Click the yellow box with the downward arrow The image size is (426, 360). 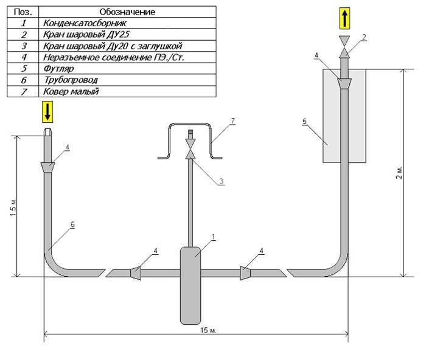coord(47,112)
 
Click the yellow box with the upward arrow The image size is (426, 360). coord(344,18)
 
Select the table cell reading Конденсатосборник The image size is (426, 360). coord(127,23)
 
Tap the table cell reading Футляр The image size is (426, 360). coord(127,69)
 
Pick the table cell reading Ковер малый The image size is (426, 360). coord(127,91)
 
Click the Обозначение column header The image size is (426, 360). coord(127,12)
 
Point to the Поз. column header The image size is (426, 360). coord(23,12)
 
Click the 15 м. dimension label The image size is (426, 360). coord(208,330)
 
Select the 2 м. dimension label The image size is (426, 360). coord(399,172)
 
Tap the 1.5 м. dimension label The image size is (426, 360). coord(13,207)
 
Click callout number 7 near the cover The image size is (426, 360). coord(233,120)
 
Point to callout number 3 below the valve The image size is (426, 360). coord(222,181)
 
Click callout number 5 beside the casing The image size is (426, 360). coord(304,122)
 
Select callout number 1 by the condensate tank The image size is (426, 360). coord(213,237)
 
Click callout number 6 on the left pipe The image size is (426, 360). coord(72,224)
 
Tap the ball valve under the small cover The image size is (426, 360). coord(190,149)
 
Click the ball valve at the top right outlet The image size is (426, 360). coord(344,47)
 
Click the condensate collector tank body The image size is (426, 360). coord(190,286)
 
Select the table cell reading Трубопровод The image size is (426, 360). coord(127,80)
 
